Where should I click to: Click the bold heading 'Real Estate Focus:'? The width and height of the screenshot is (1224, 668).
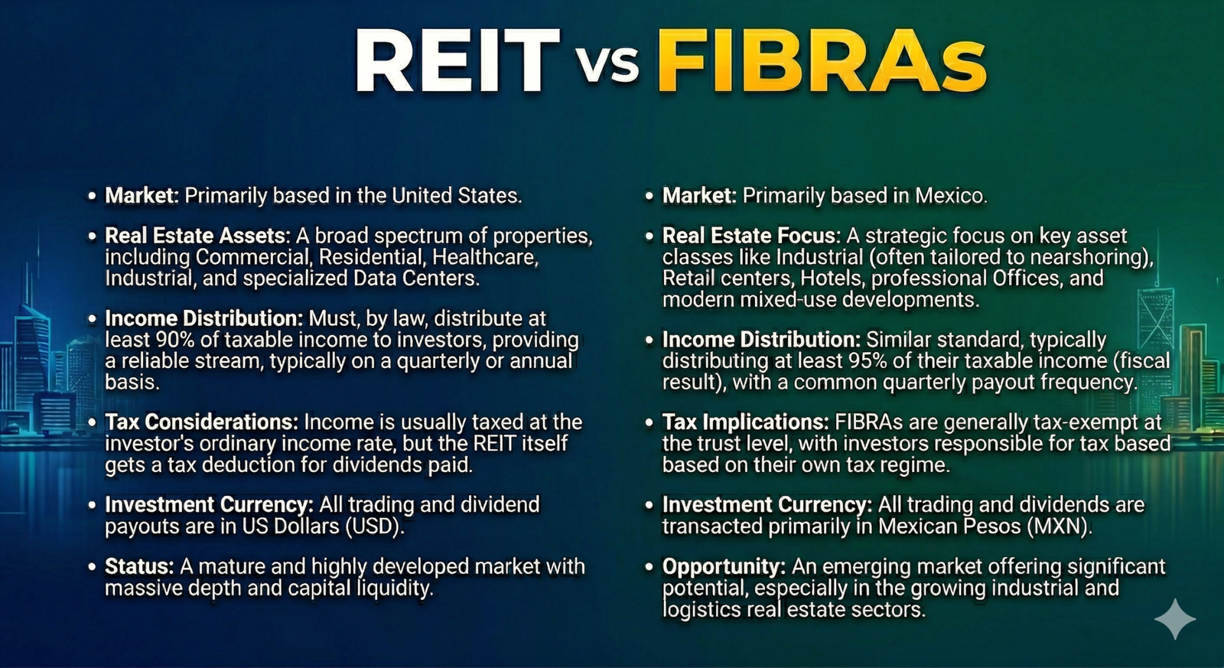(x=751, y=236)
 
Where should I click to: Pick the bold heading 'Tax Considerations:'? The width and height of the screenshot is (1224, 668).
(x=202, y=422)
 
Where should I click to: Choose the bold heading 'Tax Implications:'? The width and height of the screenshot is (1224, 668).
(x=746, y=422)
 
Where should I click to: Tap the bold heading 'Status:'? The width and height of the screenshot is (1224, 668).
(x=139, y=566)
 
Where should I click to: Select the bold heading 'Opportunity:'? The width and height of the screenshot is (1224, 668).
(x=724, y=567)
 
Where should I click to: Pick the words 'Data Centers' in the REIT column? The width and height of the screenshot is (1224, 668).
(x=416, y=279)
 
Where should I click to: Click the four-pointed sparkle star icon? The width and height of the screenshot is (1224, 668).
(x=1175, y=619)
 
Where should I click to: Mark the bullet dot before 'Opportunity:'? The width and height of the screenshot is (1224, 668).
(x=649, y=567)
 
